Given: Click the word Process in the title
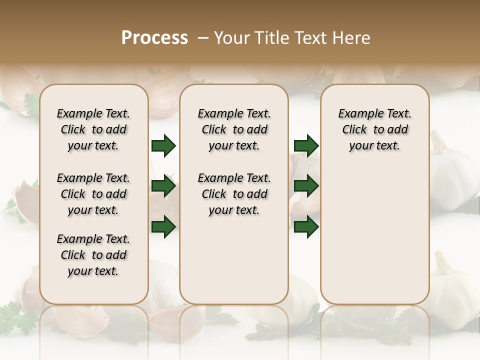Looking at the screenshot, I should click(154, 37).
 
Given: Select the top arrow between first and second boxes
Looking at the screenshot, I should click(163, 145).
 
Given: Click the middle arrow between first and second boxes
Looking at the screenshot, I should click(163, 186).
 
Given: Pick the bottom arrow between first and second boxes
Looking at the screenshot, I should click(163, 226).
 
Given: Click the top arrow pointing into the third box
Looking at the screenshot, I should click(306, 145).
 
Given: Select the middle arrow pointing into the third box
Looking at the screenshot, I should click(306, 186).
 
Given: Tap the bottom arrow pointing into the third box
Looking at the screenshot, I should click(306, 226).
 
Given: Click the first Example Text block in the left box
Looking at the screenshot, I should click(93, 129).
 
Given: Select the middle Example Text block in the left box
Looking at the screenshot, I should click(93, 194).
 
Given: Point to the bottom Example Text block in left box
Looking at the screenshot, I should click(93, 255).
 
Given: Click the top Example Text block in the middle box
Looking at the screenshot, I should click(234, 129).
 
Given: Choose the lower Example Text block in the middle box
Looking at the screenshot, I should click(234, 194).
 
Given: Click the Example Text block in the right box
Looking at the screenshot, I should click(374, 129).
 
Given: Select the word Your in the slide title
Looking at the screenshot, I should click(231, 37).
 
